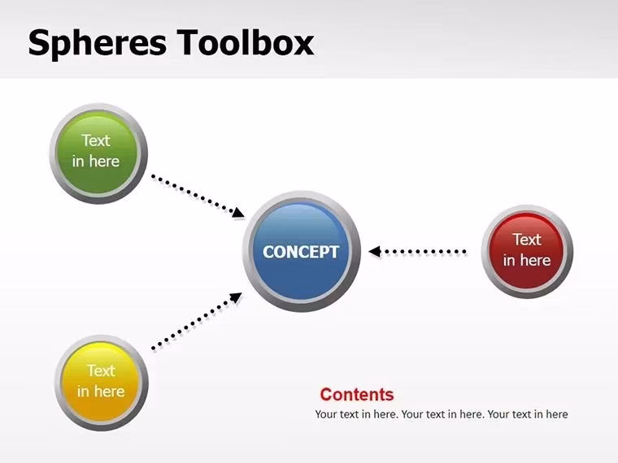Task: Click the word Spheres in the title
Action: (97, 43)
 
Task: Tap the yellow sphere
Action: (102, 382)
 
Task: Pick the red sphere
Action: (527, 250)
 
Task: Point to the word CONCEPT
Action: (301, 252)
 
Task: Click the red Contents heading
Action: (356, 395)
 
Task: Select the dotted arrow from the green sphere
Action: (195, 196)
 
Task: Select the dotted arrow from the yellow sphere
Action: (195, 322)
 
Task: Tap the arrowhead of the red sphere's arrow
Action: (374, 252)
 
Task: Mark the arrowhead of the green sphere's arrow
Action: (238, 214)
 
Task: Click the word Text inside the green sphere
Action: (96, 141)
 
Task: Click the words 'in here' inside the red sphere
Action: (527, 261)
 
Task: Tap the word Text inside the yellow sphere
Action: (101, 371)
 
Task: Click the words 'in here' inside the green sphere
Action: (96, 161)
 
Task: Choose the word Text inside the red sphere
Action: (527, 240)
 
